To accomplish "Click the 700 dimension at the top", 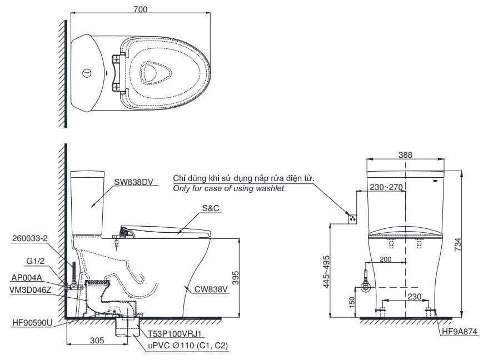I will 140,9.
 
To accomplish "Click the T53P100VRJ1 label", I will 173,335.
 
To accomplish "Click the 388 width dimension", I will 405,155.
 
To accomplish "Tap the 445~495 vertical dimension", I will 326,272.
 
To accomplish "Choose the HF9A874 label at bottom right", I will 459,332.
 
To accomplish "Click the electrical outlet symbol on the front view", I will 351,218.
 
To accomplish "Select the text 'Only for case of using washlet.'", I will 230,189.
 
